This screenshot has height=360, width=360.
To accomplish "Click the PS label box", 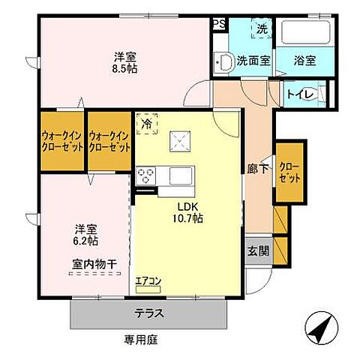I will click(220, 25).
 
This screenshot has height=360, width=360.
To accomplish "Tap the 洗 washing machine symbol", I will click(262, 29).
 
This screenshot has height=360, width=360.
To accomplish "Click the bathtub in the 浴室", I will click(304, 33).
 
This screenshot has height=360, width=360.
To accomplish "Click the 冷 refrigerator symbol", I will click(146, 121).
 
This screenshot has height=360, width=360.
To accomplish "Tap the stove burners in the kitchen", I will click(145, 177).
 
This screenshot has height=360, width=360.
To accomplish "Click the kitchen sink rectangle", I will click(181, 176).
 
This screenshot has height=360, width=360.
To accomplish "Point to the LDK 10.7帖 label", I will click(189, 212).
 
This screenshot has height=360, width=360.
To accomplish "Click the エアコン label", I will click(148, 281).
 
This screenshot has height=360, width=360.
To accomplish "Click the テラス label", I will click(150, 313).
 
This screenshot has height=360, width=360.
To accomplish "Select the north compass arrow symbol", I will click(320, 328).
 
